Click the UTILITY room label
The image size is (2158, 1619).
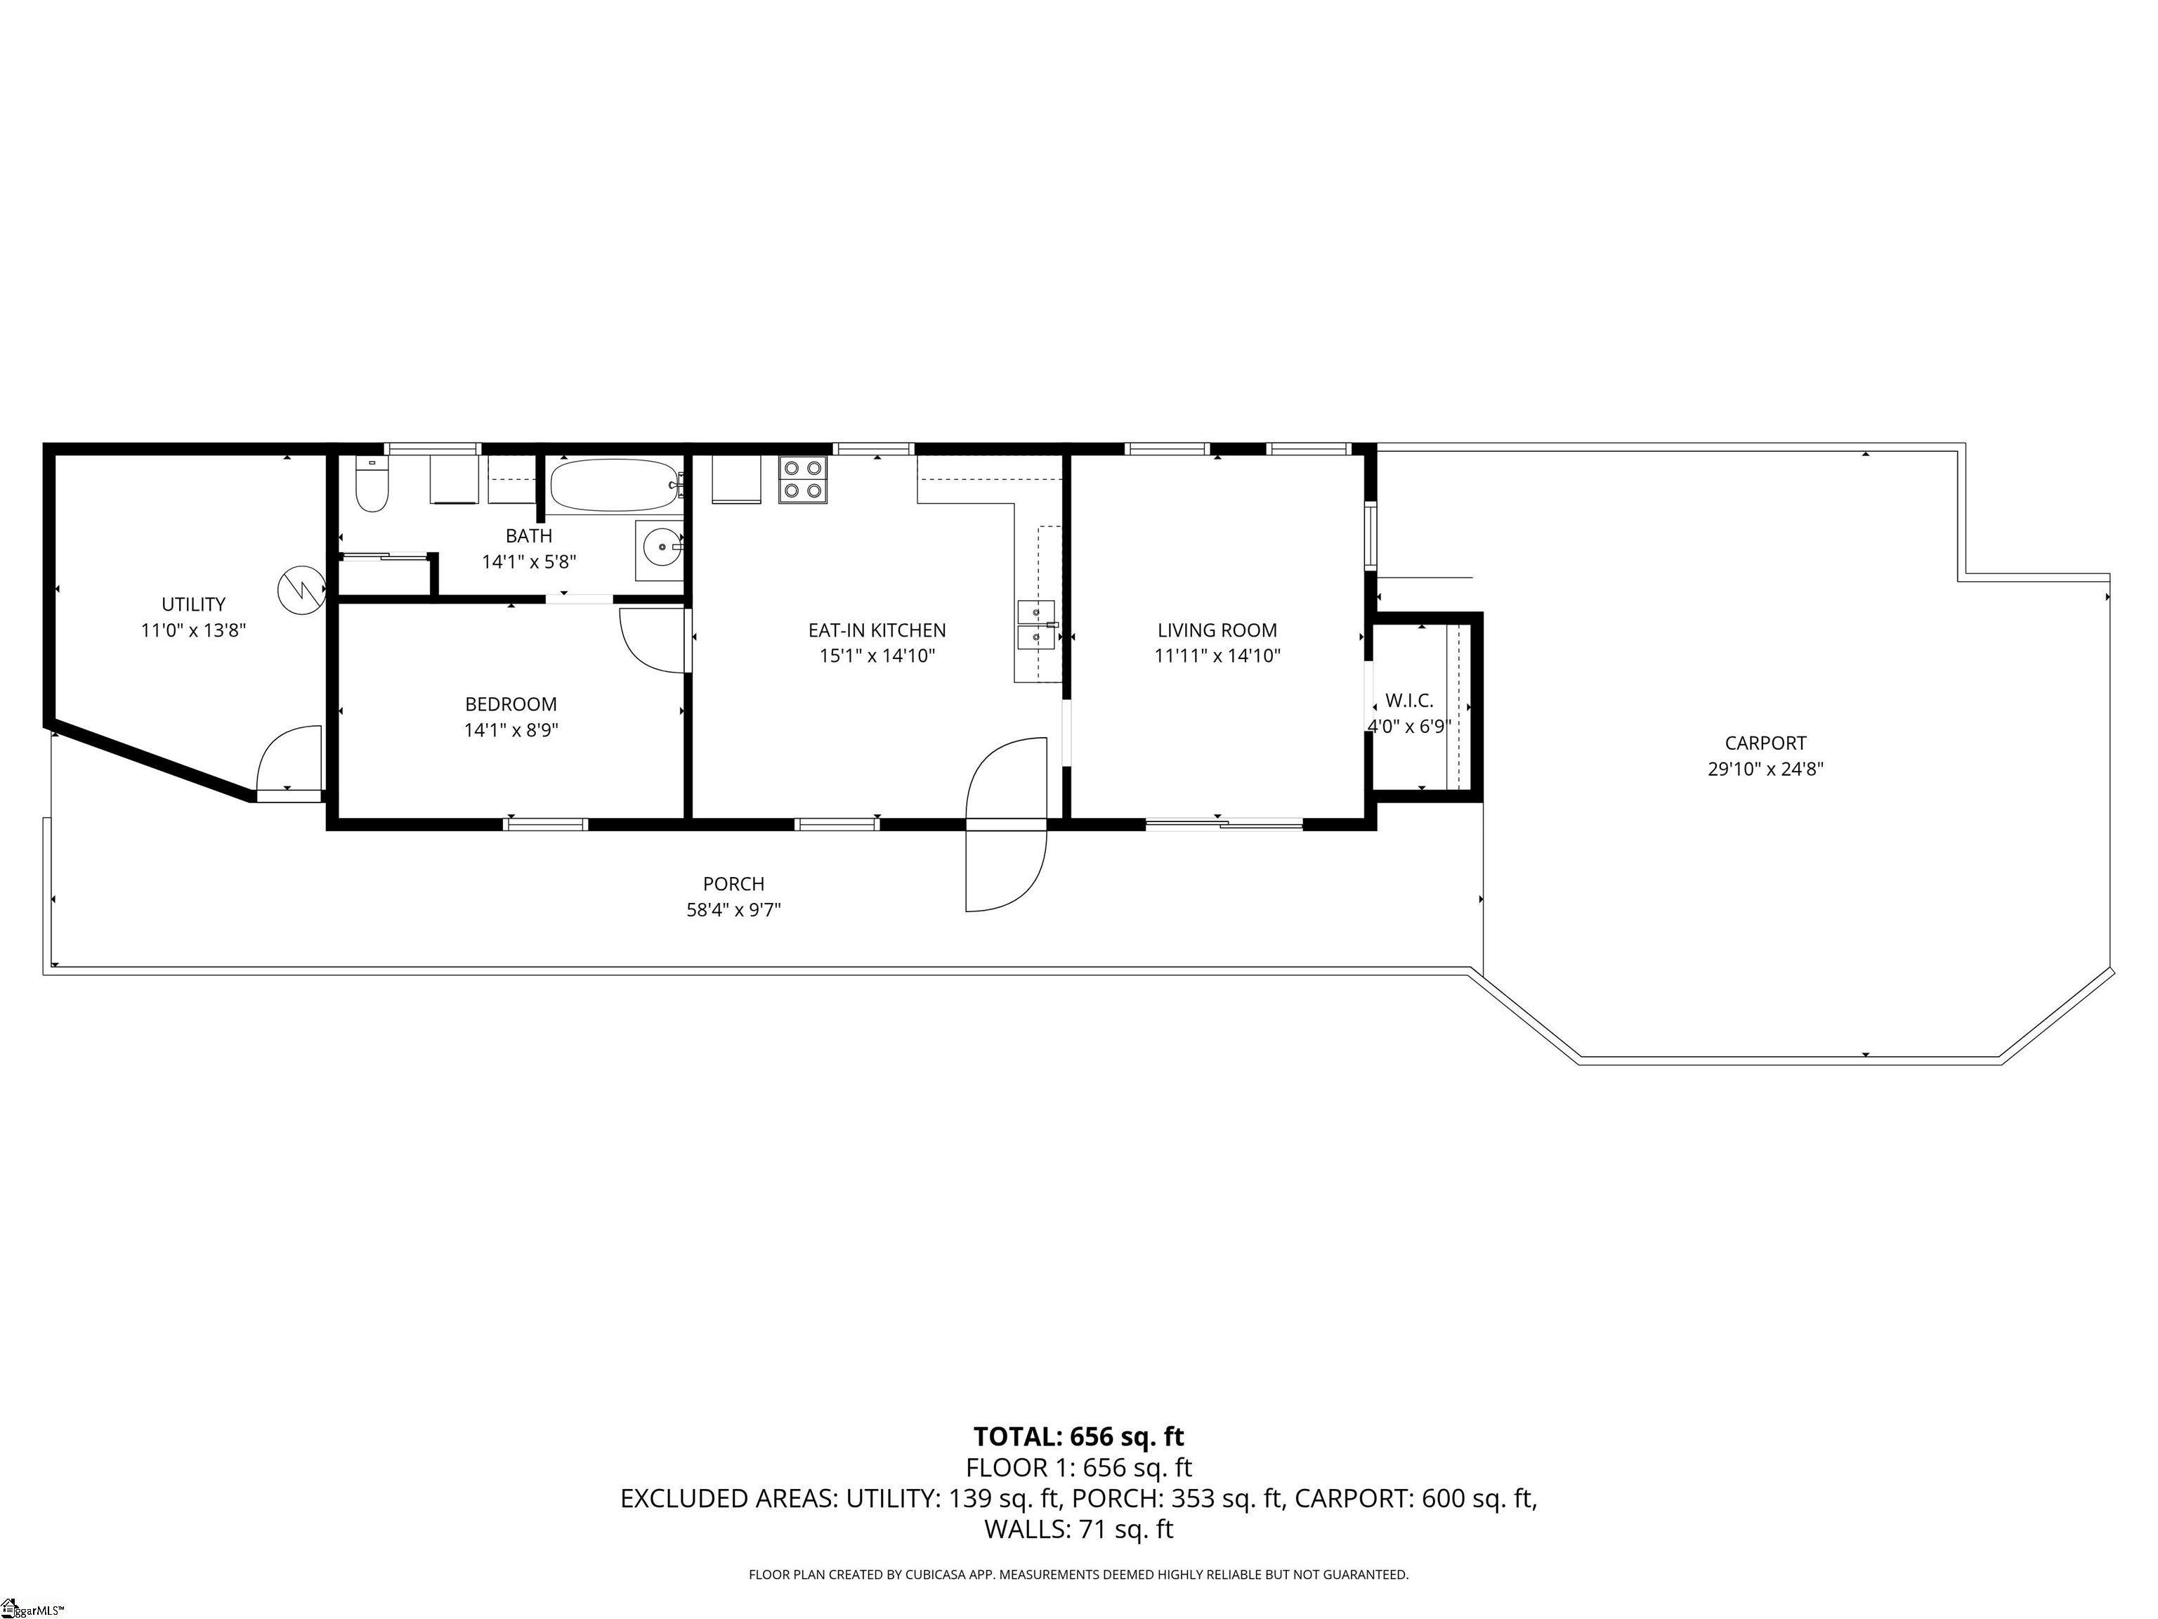193,604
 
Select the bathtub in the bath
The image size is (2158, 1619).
613,485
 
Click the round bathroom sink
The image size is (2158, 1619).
662,548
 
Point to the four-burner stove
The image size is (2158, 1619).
802,479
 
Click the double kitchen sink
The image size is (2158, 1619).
1036,625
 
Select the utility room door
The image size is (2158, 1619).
289,763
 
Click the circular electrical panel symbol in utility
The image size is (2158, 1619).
301,590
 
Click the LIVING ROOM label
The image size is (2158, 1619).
1217,630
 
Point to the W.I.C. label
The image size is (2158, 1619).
1408,701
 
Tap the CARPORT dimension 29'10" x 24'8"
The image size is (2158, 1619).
1765,769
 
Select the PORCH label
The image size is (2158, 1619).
733,884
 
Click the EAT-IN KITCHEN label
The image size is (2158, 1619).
876,630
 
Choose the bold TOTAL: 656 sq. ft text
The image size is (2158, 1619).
1078,1436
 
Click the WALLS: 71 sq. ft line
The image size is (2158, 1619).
1078,1529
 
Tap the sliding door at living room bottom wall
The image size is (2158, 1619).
1224,826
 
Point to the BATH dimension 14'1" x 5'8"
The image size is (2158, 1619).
529,562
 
